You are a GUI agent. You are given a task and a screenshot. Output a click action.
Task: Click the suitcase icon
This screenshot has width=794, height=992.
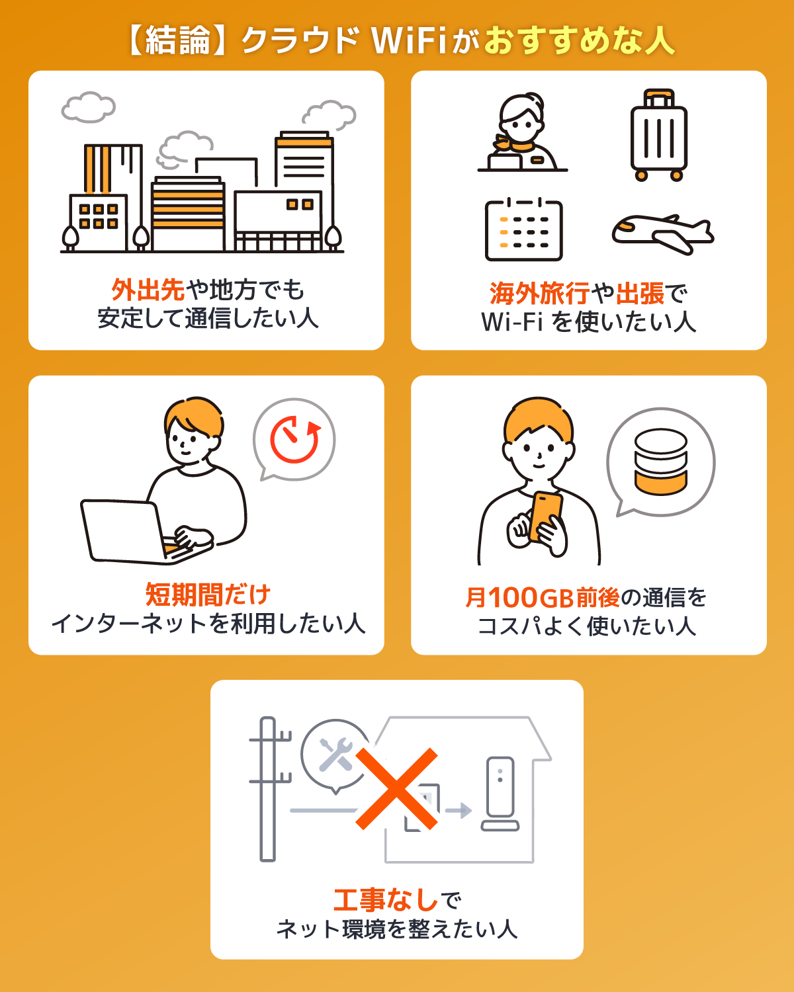click(x=658, y=136)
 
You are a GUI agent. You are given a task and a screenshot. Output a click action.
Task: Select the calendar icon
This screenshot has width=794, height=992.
click(x=523, y=229)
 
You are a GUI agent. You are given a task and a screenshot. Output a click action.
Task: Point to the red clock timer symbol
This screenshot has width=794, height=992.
click(x=294, y=440)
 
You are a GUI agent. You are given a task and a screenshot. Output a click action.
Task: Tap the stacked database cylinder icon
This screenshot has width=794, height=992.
click(x=660, y=462)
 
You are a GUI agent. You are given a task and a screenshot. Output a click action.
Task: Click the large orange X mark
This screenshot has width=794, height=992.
click(x=397, y=789)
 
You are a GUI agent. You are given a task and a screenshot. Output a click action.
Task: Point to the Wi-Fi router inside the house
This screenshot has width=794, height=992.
click(x=500, y=794)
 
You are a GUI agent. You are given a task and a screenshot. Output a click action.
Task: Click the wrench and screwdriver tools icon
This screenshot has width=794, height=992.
click(x=335, y=755)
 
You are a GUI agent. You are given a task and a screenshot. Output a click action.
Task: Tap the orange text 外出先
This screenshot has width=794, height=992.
click(x=148, y=290)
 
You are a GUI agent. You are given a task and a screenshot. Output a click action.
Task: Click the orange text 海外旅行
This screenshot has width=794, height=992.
click(x=539, y=293)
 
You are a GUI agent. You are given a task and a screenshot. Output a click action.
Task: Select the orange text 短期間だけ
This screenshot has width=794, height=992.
click(x=208, y=595)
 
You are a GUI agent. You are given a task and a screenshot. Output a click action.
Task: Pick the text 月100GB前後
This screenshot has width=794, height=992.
click(x=543, y=598)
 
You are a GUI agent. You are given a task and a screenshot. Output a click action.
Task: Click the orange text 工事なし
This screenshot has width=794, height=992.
click(x=386, y=900)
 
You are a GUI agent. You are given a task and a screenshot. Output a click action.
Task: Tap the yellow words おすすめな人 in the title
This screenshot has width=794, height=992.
click(x=579, y=41)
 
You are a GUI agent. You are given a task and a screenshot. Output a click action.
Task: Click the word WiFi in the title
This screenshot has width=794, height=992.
click(x=410, y=41)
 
